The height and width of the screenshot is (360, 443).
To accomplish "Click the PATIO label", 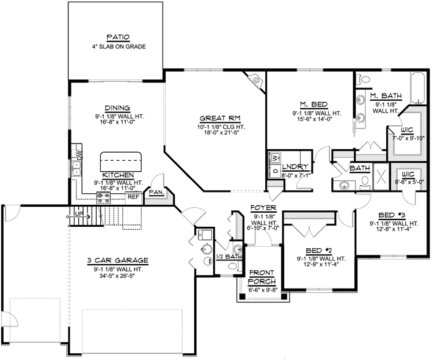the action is click(x=118, y=37).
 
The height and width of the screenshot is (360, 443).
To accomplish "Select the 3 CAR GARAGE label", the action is click(x=117, y=260).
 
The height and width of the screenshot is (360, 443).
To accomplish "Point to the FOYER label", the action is click(x=263, y=208).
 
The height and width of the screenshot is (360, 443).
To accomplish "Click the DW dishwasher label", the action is click(x=79, y=154).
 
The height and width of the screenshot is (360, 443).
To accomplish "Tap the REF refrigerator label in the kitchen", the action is click(x=133, y=196).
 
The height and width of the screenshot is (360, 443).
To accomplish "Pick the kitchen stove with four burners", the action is click(x=103, y=197).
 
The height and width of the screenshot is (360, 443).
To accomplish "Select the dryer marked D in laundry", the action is click(x=276, y=171).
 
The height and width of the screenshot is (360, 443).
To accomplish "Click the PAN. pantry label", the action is click(x=157, y=192).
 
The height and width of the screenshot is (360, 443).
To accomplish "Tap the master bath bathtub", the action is click(x=418, y=88).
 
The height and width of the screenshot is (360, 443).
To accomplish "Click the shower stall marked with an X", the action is click(x=381, y=177).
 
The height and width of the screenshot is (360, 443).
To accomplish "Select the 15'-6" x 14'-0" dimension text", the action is click(x=312, y=119).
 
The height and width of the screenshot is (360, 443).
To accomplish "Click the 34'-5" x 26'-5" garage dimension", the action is click(x=117, y=276).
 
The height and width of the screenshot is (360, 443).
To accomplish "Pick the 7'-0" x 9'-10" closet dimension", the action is click(x=408, y=138).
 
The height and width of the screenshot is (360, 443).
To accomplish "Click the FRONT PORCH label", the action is click(x=262, y=277).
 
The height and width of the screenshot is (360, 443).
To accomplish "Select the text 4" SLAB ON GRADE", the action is click(x=119, y=46).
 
